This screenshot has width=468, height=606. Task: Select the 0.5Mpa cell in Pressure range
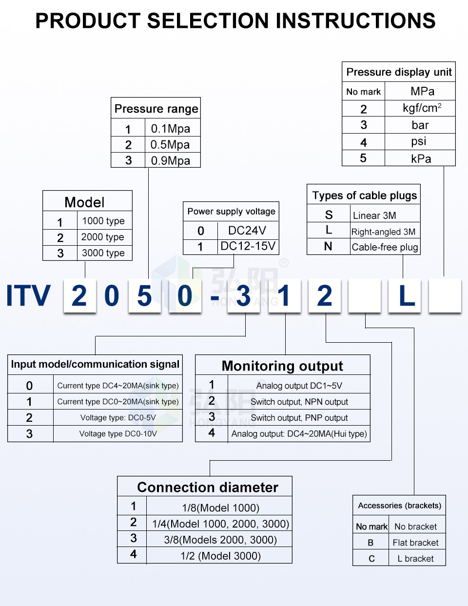pos(170,145)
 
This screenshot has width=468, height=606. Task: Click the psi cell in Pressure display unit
pos(419,141)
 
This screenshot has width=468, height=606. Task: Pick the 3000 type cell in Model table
pos(103,253)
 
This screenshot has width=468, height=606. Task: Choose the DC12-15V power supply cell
pos(248,246)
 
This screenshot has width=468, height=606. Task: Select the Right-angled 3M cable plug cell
pos(384,232)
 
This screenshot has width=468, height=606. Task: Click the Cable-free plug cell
pos(385,247)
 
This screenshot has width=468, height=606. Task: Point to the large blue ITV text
pos(28,296)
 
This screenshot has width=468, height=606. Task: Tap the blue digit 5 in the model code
pos(144,296)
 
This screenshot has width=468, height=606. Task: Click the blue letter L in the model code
pos(407,296)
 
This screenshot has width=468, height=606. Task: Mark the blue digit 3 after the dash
pos(243,296)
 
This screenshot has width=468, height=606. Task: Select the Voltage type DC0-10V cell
pos(118,434)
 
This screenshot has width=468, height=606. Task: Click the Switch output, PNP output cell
pos(299,418)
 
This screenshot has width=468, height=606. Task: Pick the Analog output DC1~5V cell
pos(299,386)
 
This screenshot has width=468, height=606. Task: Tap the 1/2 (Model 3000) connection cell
pos(220,556)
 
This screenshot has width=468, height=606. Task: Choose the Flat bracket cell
pos(415,543)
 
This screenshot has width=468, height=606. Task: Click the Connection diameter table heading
pos(208,487)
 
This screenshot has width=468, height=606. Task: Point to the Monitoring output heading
pos(282,366)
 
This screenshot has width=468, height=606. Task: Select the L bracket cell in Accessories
pos(415,559)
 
